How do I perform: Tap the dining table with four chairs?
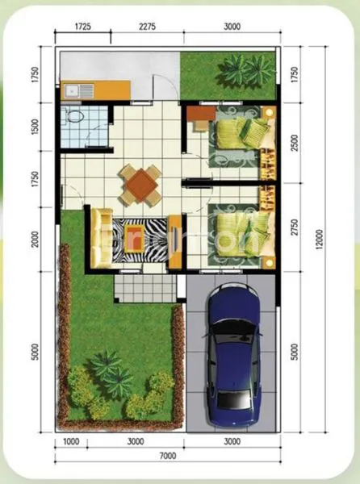click(x=140, y=185)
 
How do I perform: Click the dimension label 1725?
click(x=82, y=26)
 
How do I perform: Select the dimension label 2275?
click(x=146, y=26)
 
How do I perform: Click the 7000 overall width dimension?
click(x=167, y=456)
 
